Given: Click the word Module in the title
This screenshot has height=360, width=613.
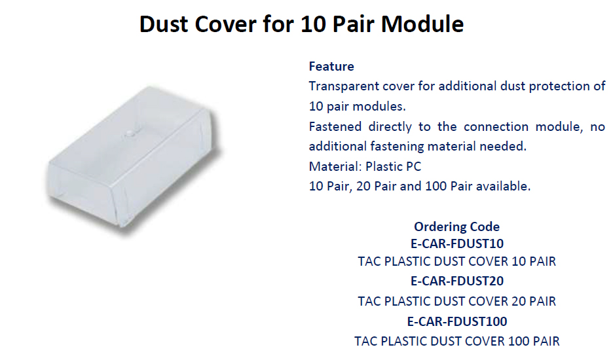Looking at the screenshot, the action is pos(422,24).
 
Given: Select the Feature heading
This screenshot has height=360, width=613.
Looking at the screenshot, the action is pos(331,67).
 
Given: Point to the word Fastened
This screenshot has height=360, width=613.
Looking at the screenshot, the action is pos(335,126).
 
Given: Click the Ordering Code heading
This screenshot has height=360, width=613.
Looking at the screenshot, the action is pos(456,226).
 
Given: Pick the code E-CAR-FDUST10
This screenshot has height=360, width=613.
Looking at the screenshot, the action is pos(457,243).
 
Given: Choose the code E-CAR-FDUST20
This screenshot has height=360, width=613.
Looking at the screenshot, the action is pos(457,281).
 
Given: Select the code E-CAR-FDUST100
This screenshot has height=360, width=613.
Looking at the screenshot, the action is pos(457,321).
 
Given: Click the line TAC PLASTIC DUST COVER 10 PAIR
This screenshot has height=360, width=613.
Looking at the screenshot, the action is pos(456,261).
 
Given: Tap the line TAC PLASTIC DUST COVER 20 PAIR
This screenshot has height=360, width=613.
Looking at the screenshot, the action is pos(456,301).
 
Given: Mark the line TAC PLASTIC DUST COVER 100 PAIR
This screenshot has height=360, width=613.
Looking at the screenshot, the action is pos(456,341).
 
